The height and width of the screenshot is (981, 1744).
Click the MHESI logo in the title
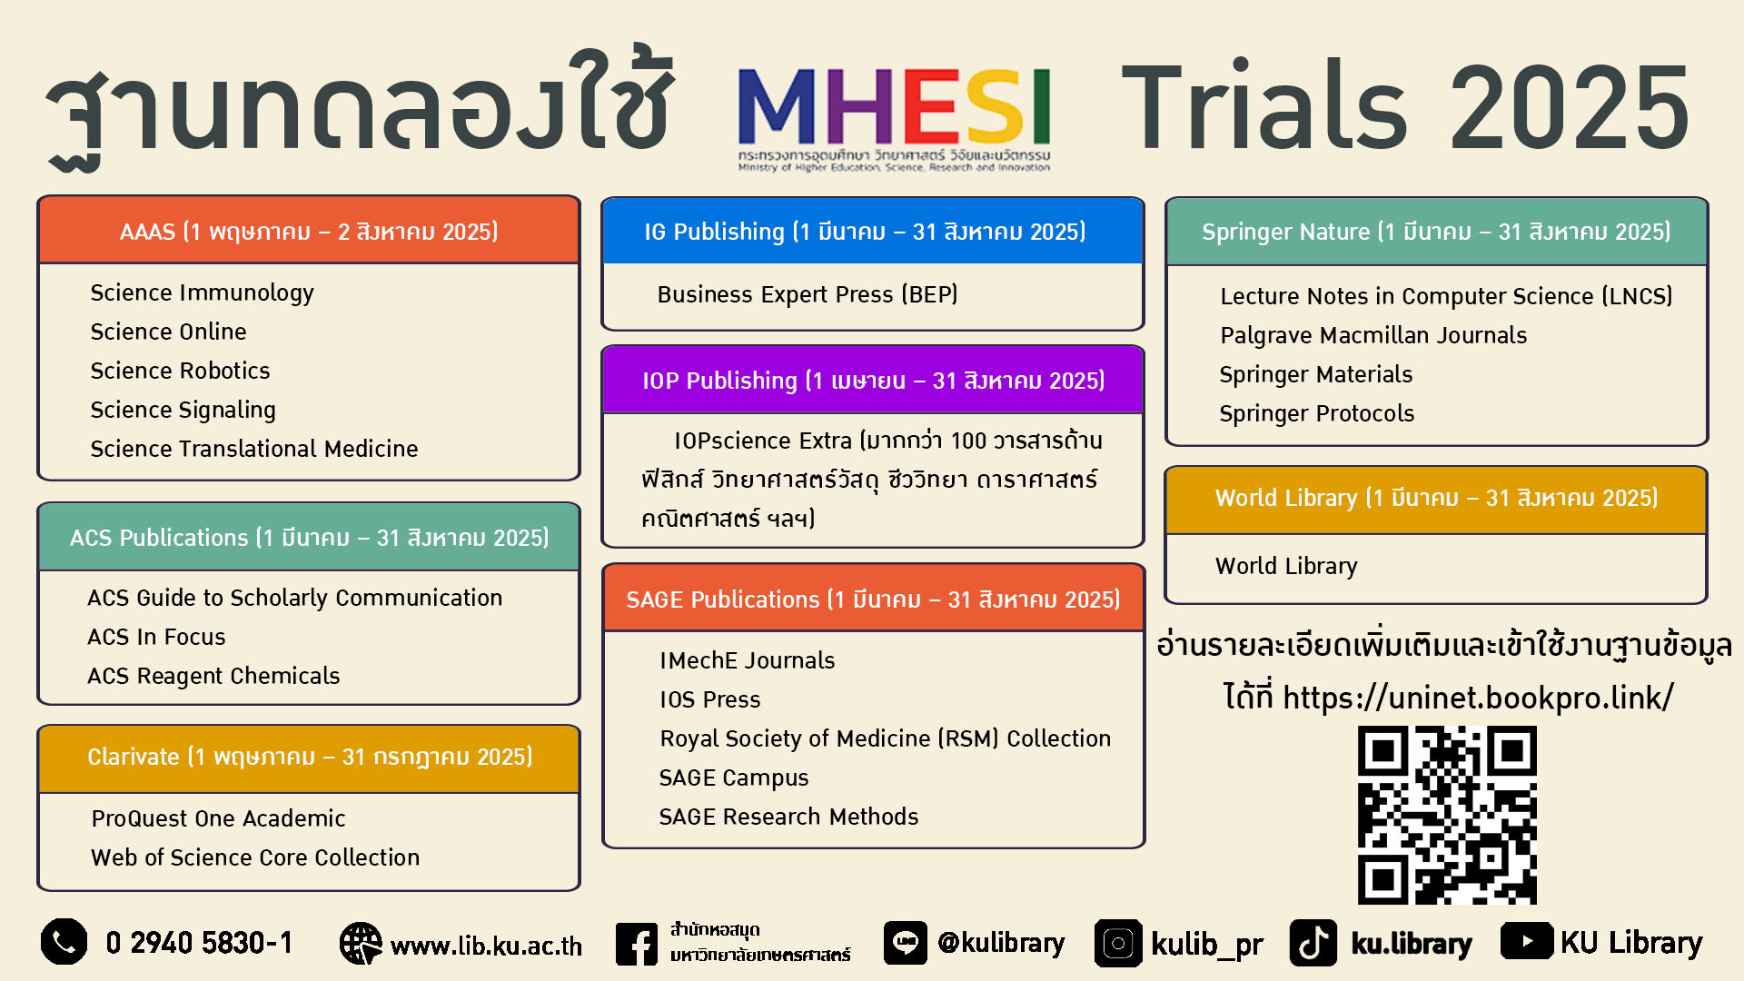click(895, 119)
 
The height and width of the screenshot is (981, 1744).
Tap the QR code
click(1447, 815)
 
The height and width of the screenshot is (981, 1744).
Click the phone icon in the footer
click(64, 942)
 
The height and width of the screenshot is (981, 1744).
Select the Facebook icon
click(637, 944)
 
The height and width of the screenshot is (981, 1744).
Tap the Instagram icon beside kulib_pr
click(1118, 944)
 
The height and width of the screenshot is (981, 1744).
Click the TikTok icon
click(1313, 943)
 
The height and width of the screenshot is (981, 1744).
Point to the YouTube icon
click(1527, 941)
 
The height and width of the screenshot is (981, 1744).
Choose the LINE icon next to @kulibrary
click(906, 943)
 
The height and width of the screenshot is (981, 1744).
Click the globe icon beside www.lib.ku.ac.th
click(361, 944)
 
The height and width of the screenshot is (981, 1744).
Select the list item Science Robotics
click(180, 371)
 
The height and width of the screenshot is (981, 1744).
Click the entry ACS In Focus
click(156, 637)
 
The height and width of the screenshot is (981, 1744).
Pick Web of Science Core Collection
click(255, 857)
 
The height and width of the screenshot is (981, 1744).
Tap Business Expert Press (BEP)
click(808, 294)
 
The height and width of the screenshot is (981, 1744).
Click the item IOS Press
click(710, 699)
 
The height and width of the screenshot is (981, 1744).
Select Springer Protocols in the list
click(1317, 413)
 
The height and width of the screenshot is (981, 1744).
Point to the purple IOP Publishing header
click(873, 380)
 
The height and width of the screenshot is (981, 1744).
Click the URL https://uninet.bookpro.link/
click(1478, 698)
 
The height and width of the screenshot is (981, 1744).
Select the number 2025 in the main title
click(1569, 108)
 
